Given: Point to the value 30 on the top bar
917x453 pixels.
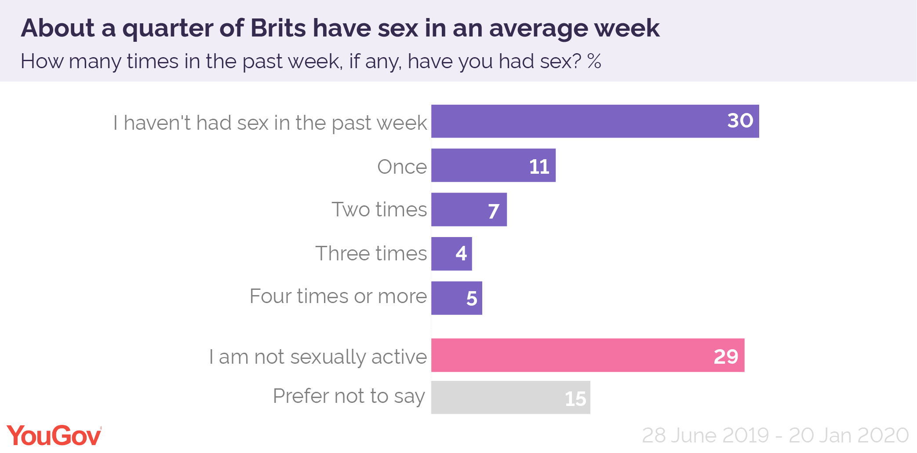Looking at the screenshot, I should tap(740, 121).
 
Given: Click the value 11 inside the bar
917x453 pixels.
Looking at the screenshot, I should tap(539, 167).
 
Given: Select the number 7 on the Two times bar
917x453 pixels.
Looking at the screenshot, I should tap(494, 211).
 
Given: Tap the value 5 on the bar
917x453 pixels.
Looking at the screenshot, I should tap(472, 299).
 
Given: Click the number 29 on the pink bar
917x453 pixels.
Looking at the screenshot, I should tap(726, 356).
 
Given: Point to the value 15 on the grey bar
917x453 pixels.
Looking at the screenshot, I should tap(575, 399).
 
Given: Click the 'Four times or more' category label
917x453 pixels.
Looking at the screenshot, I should tap(338, 296).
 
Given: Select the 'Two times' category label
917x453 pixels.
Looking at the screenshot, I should tap(379, 209).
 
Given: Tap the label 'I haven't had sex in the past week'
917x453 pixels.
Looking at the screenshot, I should tap(270, 123).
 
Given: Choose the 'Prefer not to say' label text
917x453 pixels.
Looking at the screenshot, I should tap(349, 396).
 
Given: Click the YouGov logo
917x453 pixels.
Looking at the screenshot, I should tap(54, 436).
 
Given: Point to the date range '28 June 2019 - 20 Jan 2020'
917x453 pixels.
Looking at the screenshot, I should tap(775, 435).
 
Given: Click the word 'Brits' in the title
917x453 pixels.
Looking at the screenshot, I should tap(278, 28).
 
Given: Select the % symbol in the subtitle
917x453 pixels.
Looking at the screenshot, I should tap(594, 61).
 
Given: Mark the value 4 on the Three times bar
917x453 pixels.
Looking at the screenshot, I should tap(461, 253).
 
